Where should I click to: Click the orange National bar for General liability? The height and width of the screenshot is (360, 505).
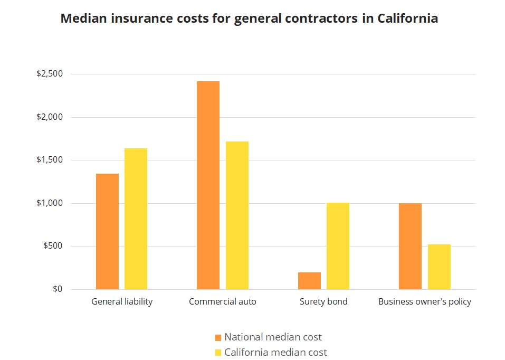[x=107, y=231]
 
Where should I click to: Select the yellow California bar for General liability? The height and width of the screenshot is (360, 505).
[x=136, y=219]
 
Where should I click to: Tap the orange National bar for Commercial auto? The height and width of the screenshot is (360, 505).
[x=208, y=185]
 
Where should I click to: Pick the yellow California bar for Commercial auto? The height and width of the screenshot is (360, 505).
[x=237, y=215]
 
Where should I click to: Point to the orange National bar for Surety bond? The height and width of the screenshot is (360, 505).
[x=309, y=281]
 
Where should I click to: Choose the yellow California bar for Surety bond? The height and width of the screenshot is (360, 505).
[x=338, y=246]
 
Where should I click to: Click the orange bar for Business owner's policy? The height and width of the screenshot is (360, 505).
[x=410, y=246]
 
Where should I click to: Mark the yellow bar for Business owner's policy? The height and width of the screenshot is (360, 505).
[x=439, y=267]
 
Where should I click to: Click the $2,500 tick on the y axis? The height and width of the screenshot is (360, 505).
[x=49, y=74]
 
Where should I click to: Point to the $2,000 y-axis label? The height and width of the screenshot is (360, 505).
[x=49, y=117]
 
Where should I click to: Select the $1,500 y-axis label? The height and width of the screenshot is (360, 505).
[x=49, y=160]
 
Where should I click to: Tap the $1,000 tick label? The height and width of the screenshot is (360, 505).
[x=49, y=203]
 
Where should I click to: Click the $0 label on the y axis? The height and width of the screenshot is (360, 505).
[x=57, y=289]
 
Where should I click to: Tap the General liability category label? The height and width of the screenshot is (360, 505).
[x=122, y=302]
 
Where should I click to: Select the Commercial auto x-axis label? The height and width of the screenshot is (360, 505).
[x=222, y=302]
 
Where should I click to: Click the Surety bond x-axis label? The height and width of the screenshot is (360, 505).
[x=323, y=302]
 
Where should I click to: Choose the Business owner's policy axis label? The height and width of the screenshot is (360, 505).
[x=425, y=302]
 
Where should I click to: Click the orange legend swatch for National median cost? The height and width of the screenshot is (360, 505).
[x=218, y=337]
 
